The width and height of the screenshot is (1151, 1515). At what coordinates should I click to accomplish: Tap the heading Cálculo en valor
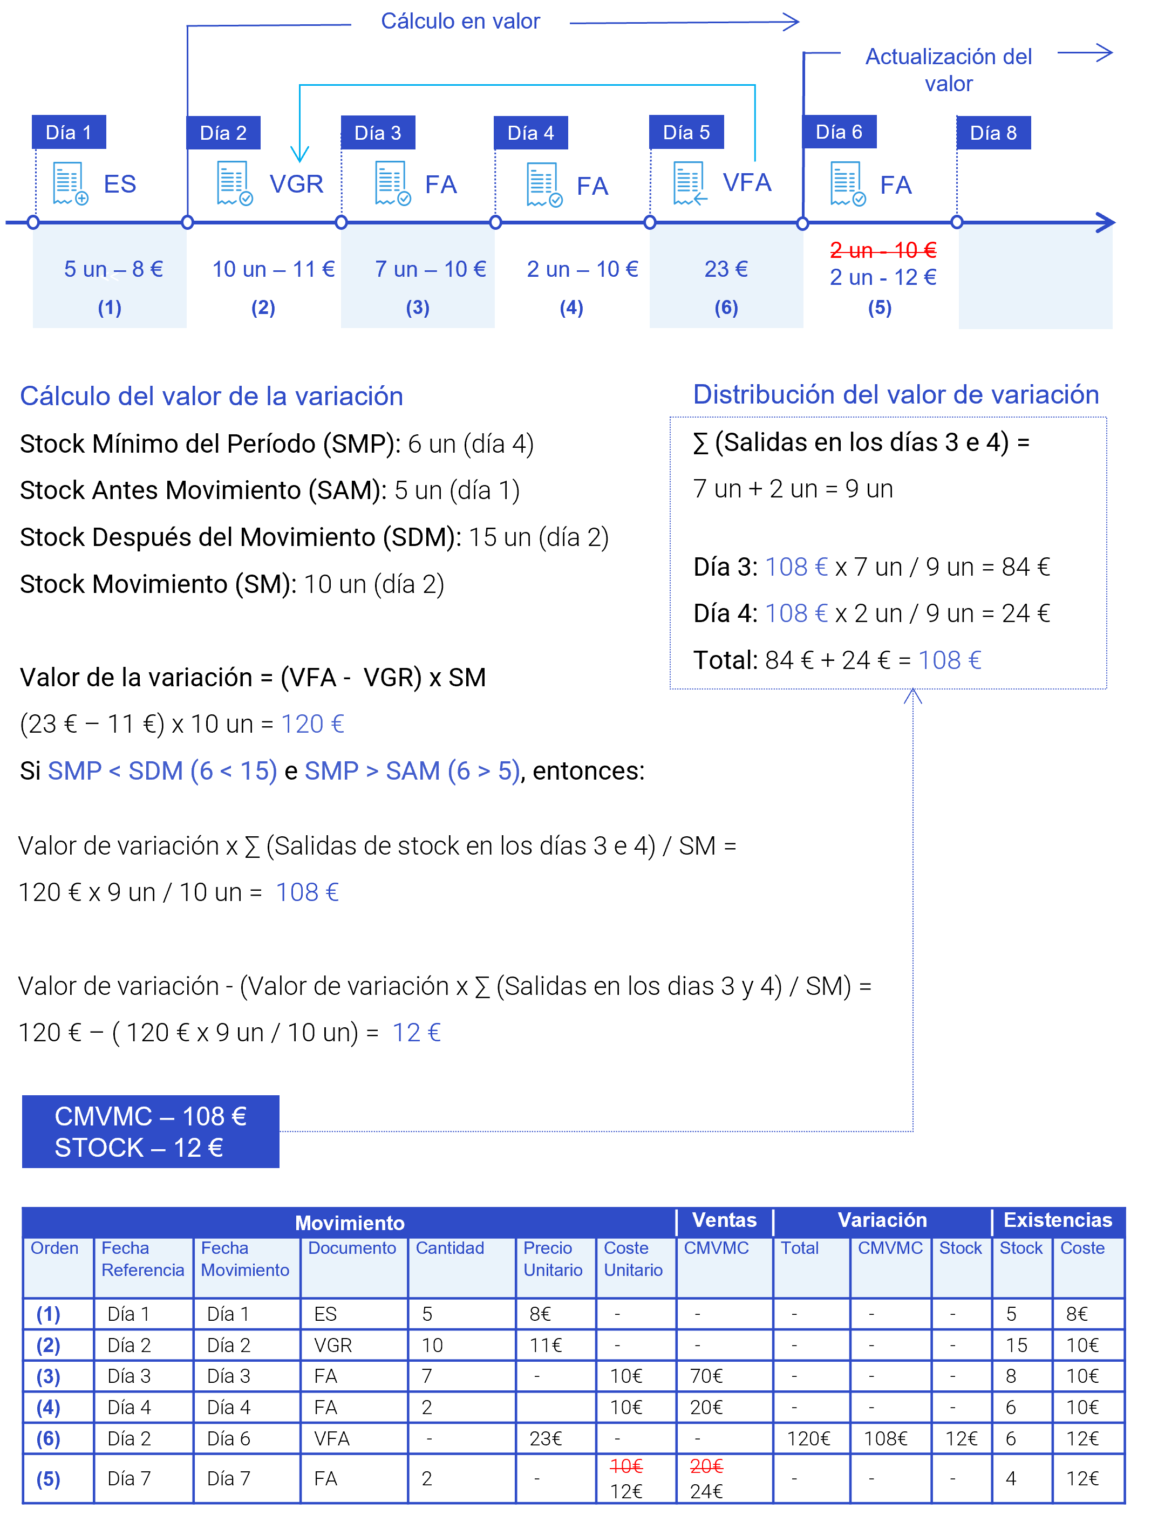[x=460, y=21]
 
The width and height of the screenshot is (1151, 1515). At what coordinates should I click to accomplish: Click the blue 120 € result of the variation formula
[x=312, y=724]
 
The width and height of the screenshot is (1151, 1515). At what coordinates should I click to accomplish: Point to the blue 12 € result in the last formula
[x=417, y=1033]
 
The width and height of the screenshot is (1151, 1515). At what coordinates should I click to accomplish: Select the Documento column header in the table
[x=352, y=1248]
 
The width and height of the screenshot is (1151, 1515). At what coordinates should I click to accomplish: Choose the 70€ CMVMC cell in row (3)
[x=706, y=1376]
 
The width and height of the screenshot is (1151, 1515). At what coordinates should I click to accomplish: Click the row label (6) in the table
[x=48, y=1438]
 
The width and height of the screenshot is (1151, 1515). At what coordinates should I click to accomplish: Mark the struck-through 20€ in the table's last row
[x=706, y=1466]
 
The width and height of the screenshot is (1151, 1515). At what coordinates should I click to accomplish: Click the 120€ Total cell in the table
[x=808, y=1438]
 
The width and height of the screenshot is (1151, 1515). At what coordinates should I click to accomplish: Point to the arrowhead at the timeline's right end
[x=1106, y=223]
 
